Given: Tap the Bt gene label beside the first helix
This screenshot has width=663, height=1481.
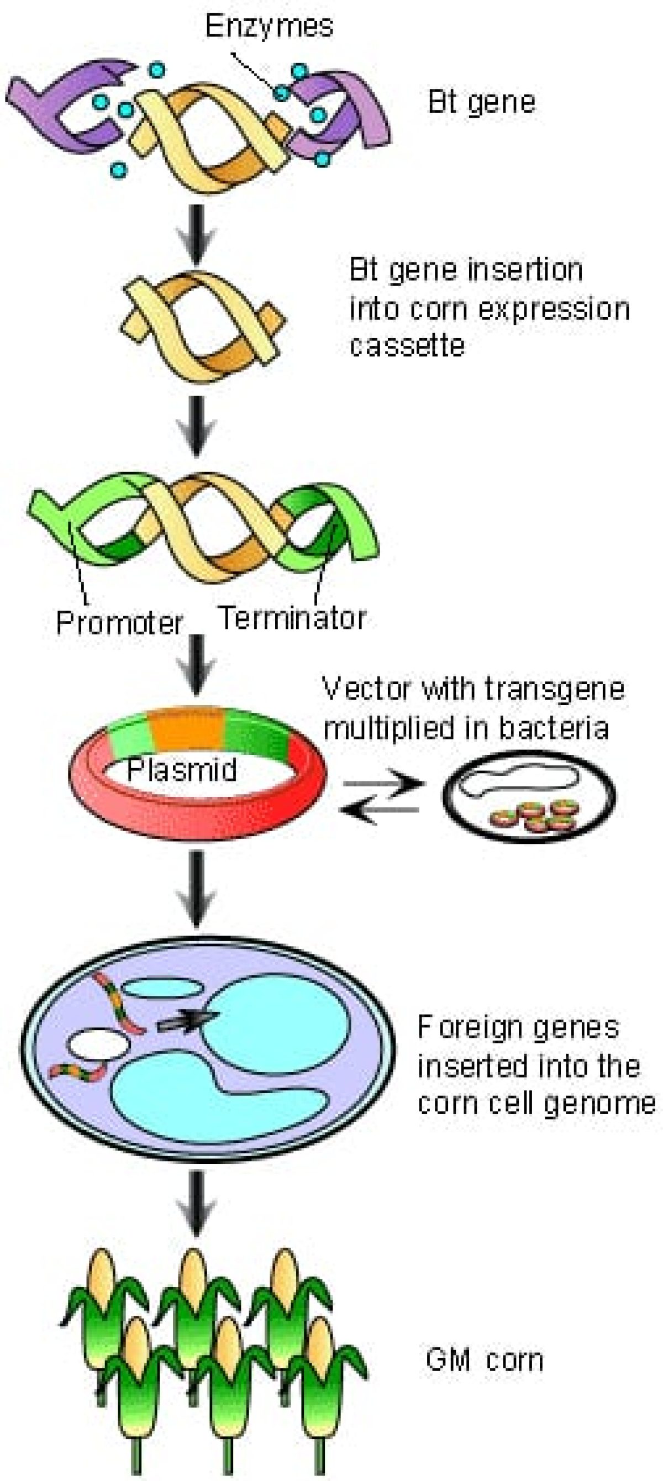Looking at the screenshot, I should coord(482,102).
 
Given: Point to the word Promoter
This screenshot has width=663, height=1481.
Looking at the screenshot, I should coord(119,623).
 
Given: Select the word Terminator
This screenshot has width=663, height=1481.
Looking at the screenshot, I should coord(292,618).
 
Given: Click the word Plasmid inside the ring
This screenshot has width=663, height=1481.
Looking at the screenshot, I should coord(182,769).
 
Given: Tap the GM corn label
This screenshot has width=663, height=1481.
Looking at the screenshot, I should coord(484,1361).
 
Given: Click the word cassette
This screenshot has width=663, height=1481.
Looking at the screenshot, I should coord(407,346).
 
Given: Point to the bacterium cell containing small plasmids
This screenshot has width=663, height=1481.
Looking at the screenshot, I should coord(528,796).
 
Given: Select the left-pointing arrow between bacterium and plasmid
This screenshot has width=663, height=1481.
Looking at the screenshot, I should coord(380,810).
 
